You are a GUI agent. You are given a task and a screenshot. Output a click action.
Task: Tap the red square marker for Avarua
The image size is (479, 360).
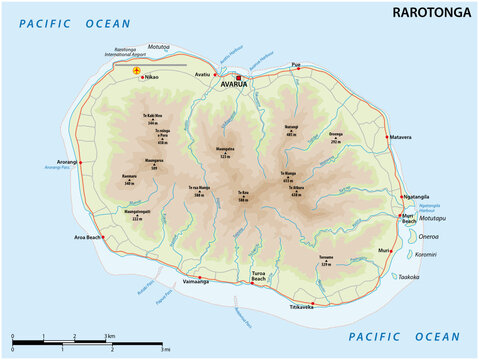tap(240, 75)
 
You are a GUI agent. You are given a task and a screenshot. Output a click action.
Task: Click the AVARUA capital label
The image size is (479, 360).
tap(241, 85)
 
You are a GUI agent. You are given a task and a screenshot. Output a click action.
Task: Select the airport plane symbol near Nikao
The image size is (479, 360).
tap(137, 71)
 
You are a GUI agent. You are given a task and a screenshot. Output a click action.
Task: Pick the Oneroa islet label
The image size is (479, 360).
tap(427, 238)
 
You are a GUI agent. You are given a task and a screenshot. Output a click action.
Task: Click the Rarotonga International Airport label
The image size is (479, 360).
tap(124, 54)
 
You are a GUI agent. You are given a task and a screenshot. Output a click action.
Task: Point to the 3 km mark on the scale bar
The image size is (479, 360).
tap(110, 336)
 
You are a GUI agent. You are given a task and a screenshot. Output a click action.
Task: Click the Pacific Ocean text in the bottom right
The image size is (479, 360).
tap(405, 337)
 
